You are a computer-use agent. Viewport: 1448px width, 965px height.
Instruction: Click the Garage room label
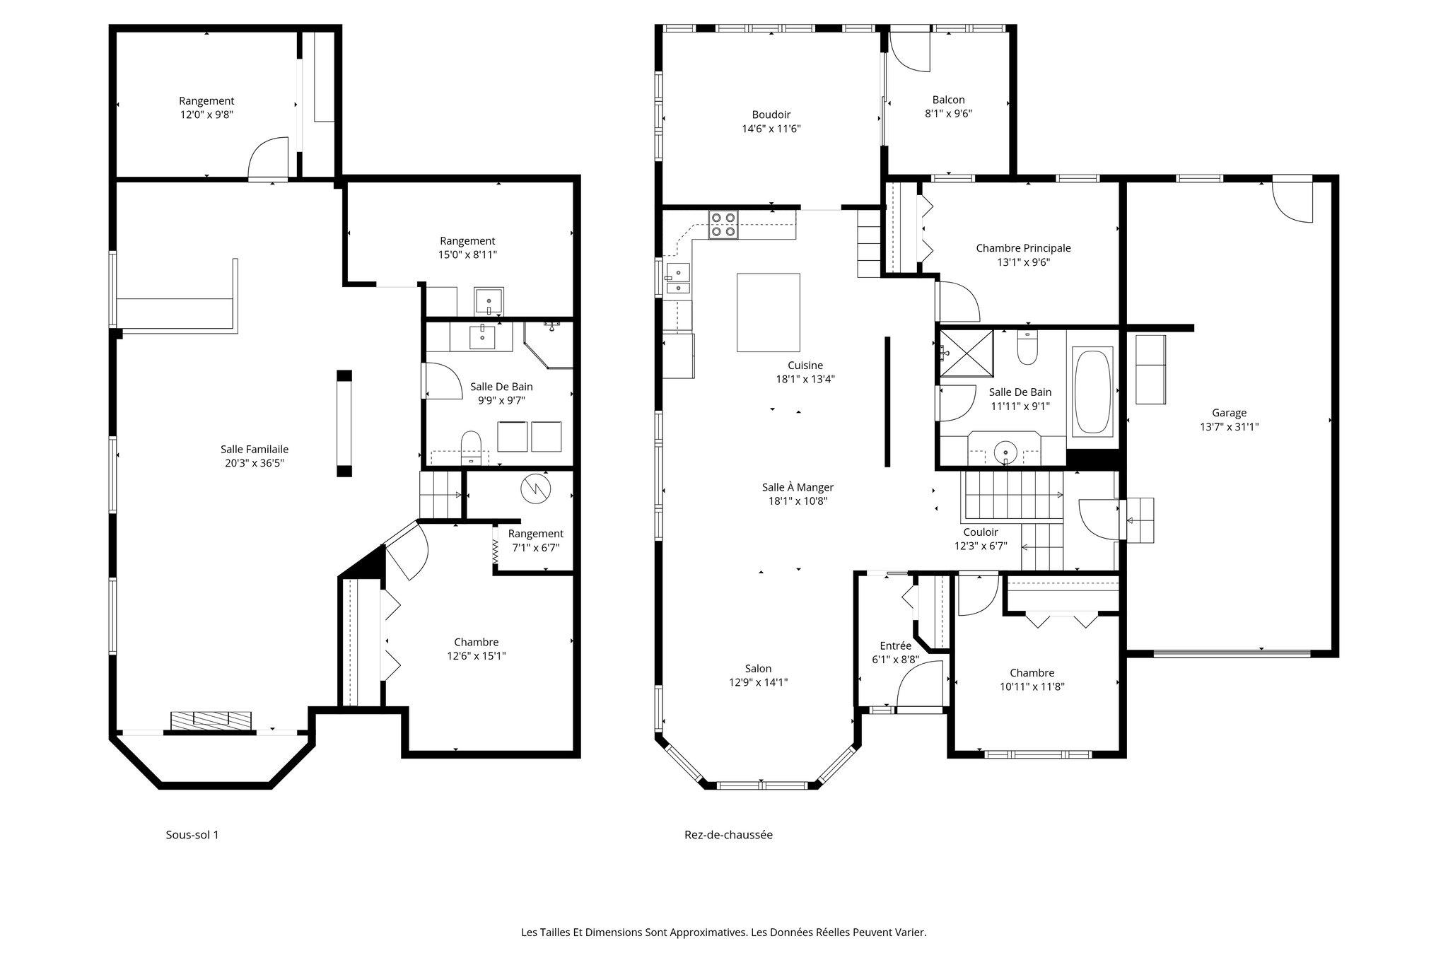(x=1229, y=413)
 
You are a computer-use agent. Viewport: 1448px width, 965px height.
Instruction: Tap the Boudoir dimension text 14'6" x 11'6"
(x=771, y=129)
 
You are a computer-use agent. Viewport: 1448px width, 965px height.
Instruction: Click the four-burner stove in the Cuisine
(x=723, y=225)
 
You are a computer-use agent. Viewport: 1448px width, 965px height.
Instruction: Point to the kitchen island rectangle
(x=768, y=312)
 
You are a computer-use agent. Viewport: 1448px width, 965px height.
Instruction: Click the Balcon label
(x=948, y=100)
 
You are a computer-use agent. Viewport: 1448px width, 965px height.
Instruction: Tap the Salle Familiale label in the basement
(x=254, y=449)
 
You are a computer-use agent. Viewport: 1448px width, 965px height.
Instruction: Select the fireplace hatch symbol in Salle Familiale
(x=211, y=720)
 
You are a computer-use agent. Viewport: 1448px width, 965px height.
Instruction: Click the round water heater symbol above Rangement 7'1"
(x=535, y=489)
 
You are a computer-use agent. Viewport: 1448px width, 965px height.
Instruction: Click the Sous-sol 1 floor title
(x=192, y=834)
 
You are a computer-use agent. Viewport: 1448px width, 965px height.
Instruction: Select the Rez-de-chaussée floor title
(x=728, y=834)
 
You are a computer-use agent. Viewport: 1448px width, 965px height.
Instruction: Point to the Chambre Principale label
(x=1022, y=248)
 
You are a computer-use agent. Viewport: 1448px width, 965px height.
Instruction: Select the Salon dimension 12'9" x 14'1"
(x=758, y=682)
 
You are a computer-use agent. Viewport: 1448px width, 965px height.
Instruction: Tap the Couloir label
(x=980, y=532)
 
